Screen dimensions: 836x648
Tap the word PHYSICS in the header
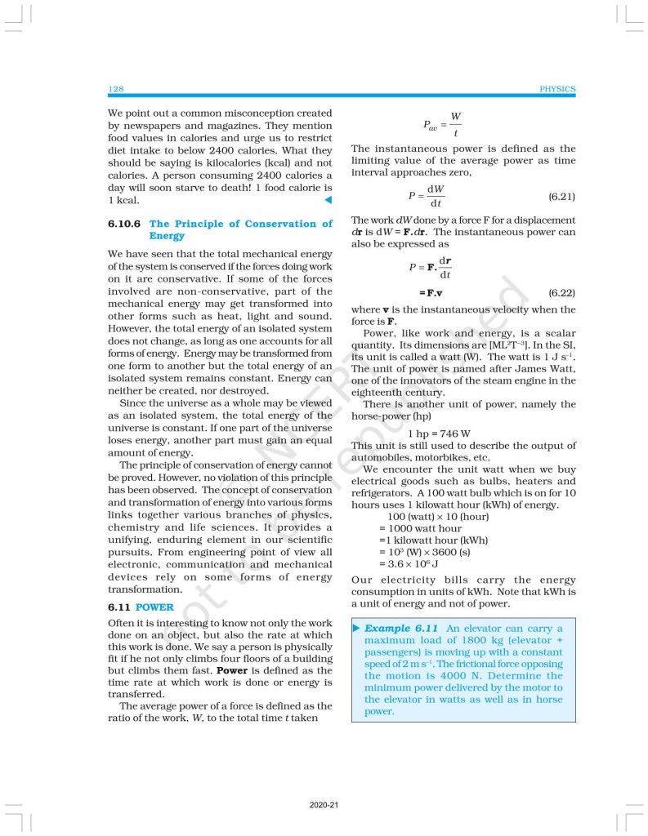(x=557, y=89)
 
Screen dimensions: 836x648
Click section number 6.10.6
(x=125, y=224)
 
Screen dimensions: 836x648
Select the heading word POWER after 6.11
(x=154, y=607)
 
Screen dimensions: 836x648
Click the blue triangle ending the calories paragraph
(x=328, y=200)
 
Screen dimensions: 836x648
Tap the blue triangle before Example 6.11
(x=356, y=629)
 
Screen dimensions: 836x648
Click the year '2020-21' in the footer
(x=324, y=805)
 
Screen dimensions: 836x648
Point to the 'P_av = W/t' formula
(x=442, y=125)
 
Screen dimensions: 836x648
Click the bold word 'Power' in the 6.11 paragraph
(x=221, y=670)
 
